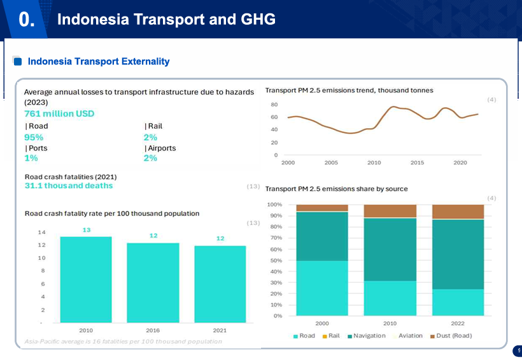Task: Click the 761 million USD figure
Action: pyautogui.click(x=59, y=113)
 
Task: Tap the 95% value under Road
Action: pyautogui.click(x=34, y=137)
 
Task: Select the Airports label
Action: pyautogui.click(x=160, y=148)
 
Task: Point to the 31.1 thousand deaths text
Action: pyautogui.click(x=69, y=185)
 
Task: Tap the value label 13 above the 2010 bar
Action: pyautogui.click(x=86, y=229)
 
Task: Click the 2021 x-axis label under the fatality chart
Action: pyautogui.click(x=220, y=331)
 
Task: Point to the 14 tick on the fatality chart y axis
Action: pyautogui.click(x=41, y=232)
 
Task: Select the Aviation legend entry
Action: pyautogui.click(x=410, y=336)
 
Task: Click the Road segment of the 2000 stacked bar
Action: pyautogui.click(x=322, y=288)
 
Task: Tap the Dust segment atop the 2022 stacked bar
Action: pyautogui.click(x=458, y=212)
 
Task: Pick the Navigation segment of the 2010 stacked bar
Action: pyautogui.click(x=390, y=249)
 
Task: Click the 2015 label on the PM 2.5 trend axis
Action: pyautogui.click(x=417, y=163)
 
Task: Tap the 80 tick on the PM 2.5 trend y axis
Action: pyautogui.click(x=274, y=104)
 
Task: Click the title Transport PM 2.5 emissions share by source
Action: pyautogui.click(x=336, y=189)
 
